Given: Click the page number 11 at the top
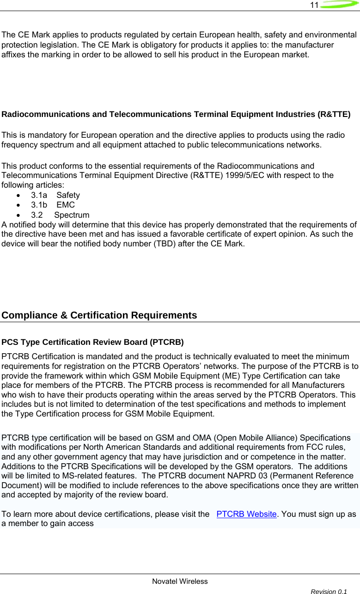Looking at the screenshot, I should (314, 5).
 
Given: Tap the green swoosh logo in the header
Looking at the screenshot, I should (339, 5).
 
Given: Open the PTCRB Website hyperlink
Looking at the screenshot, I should (246, 502).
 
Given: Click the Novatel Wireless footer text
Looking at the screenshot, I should (180, 581).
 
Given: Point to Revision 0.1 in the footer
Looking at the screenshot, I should (329, 591).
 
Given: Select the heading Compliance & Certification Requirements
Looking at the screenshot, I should (99, 316).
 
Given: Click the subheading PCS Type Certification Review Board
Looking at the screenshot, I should (93, 343).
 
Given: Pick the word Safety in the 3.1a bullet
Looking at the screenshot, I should (68, 195).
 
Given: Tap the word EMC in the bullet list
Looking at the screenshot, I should (66, 205).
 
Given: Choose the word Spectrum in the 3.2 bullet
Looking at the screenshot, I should (72, 215).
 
